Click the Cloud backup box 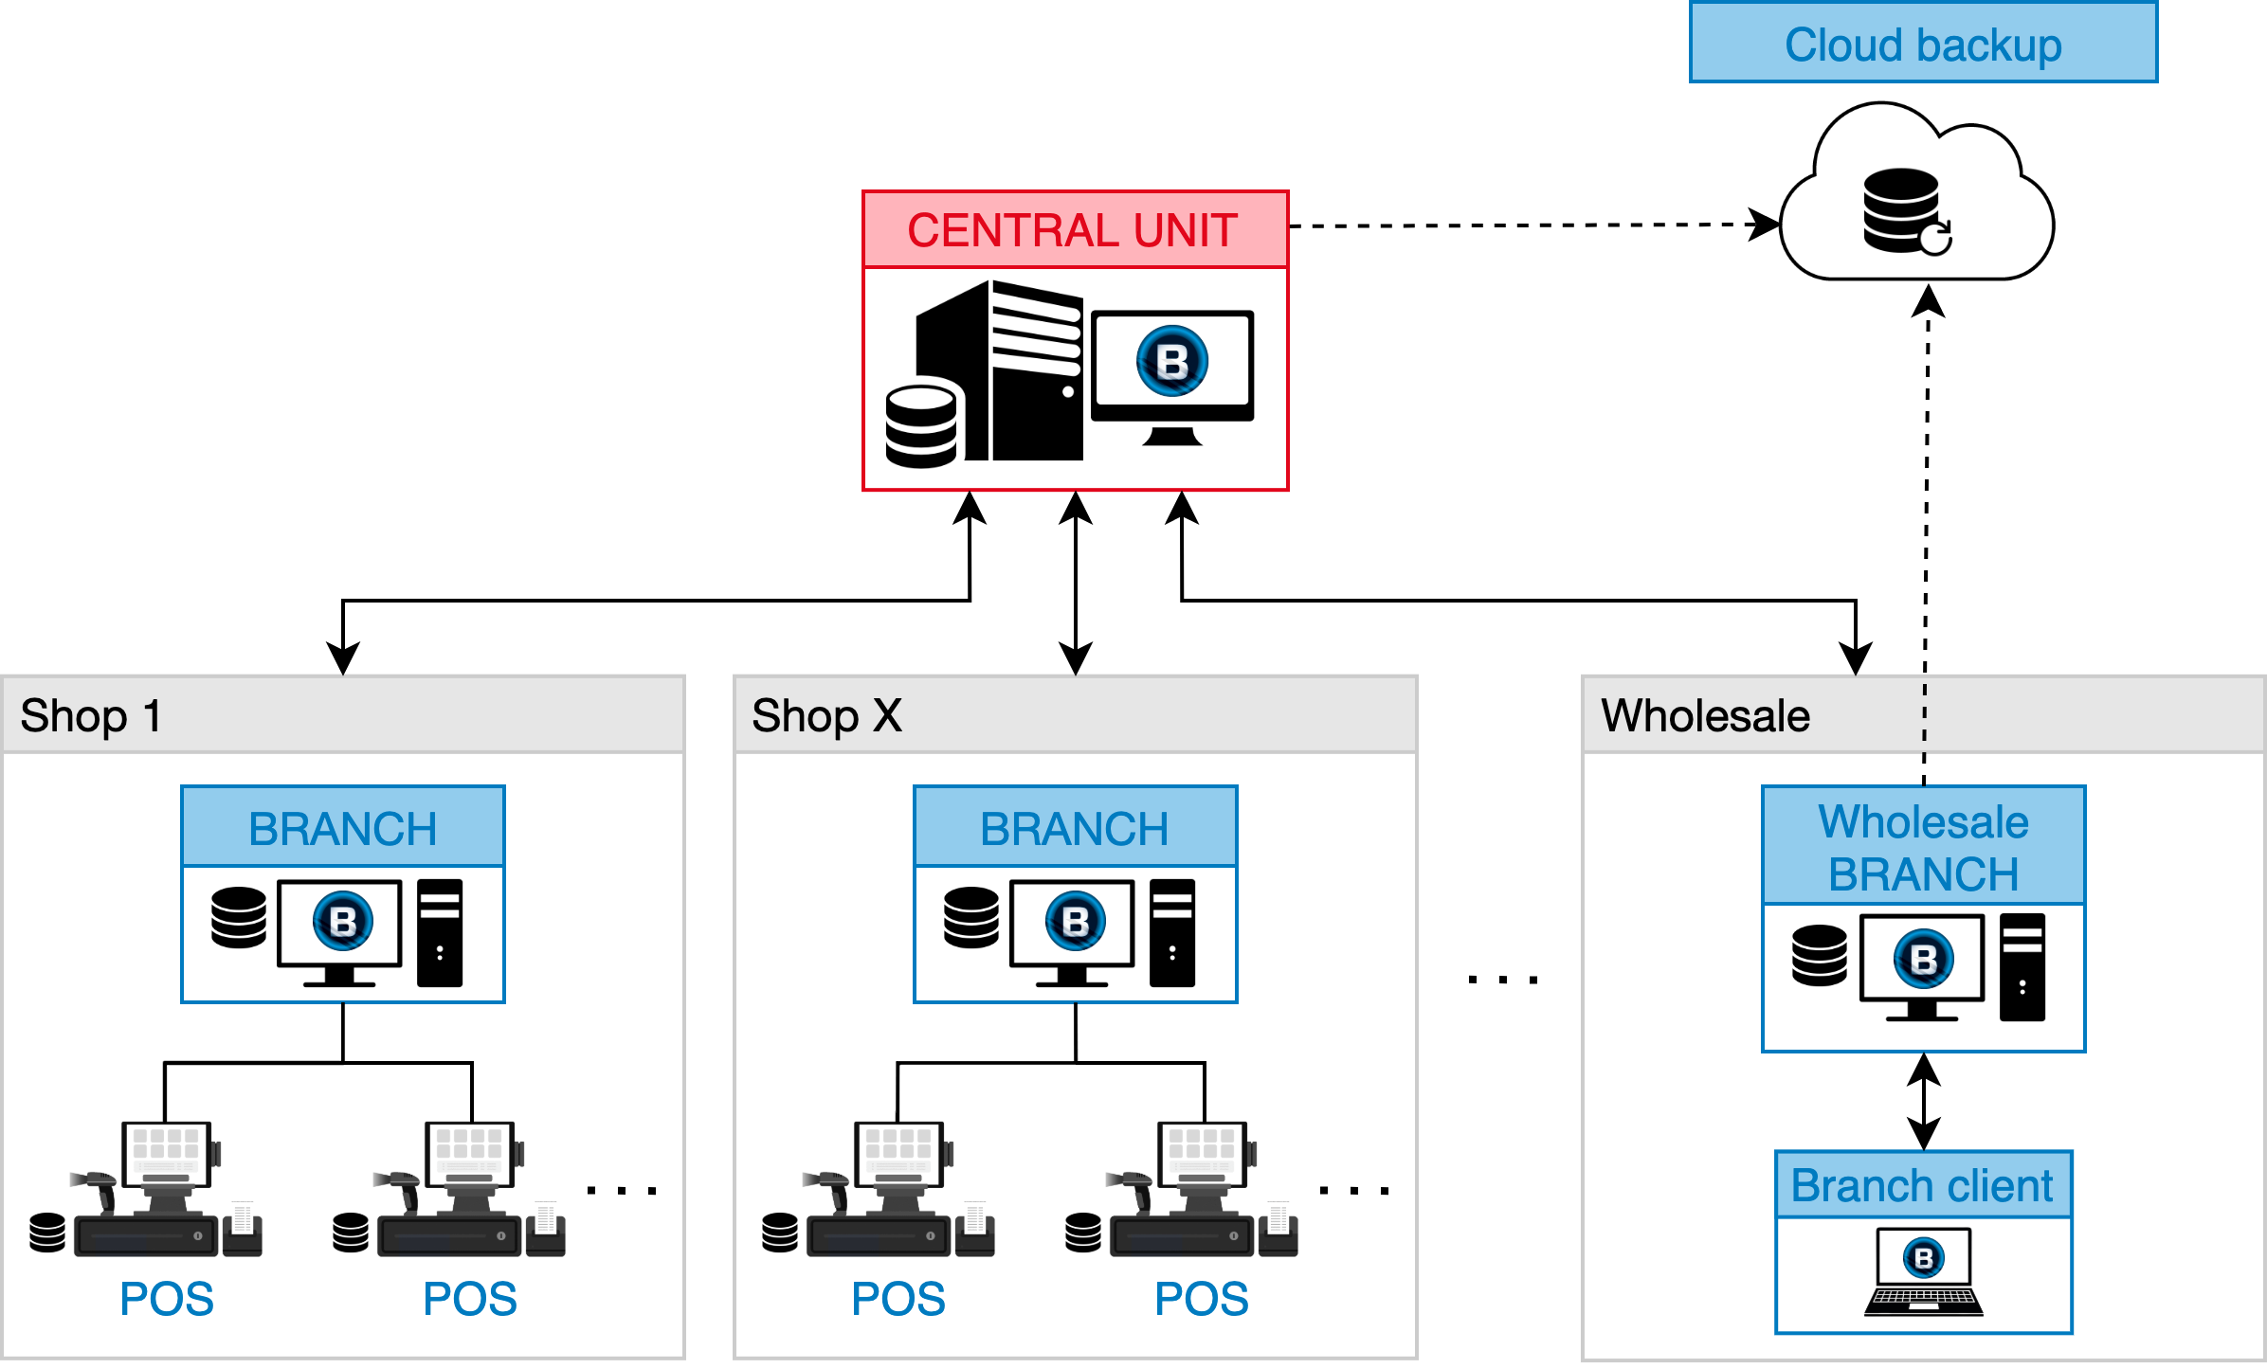(x=1922, y=44)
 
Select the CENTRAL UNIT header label (x=1073, y=230)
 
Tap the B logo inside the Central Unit (x=1172, y=361)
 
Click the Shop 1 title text (x=91, y=716)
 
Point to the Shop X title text (x=826, y=716)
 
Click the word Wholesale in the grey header (x=1705, y=716)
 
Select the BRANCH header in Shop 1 (x=342, y=828)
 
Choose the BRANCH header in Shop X (x=1075, y=828)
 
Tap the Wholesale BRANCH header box (x=1923, y=847)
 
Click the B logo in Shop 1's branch (x=343, y=921)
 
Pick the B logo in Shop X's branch (x=1076, y=921)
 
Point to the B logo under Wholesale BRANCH (x=1923, y=960)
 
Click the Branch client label (x=1922, y=1186)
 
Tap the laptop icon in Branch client (x=1923, y=1272)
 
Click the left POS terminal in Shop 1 (x=168, y=1190)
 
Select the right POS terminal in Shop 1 (x=471, y=1190)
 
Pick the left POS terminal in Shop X (x=900, y=1190)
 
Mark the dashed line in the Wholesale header (x=1924, y=716)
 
